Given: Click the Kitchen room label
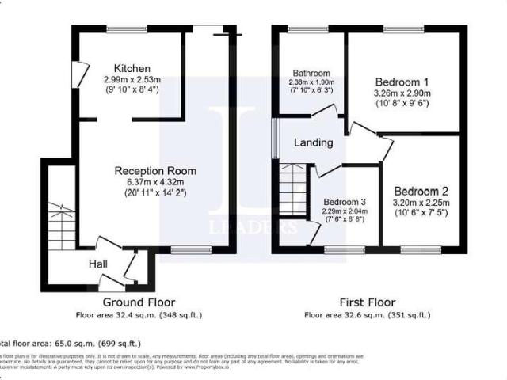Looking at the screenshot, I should pos(132,68).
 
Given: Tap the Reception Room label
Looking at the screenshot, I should pos(155,171).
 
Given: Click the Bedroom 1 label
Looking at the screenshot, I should pos(402,82).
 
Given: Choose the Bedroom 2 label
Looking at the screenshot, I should pos(421,191).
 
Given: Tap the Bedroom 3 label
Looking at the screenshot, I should pos(344,202).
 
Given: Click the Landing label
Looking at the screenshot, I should pos(313,143).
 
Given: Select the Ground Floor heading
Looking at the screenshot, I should pos(139,302).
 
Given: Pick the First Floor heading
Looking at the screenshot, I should pos(368,302).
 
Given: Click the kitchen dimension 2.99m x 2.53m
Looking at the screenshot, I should pos(132,80).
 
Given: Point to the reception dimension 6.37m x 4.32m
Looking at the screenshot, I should pos(155,182).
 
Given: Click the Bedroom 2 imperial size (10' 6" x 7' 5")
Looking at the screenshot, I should pos(421,215).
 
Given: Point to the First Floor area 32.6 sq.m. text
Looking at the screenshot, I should pos(368,315).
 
